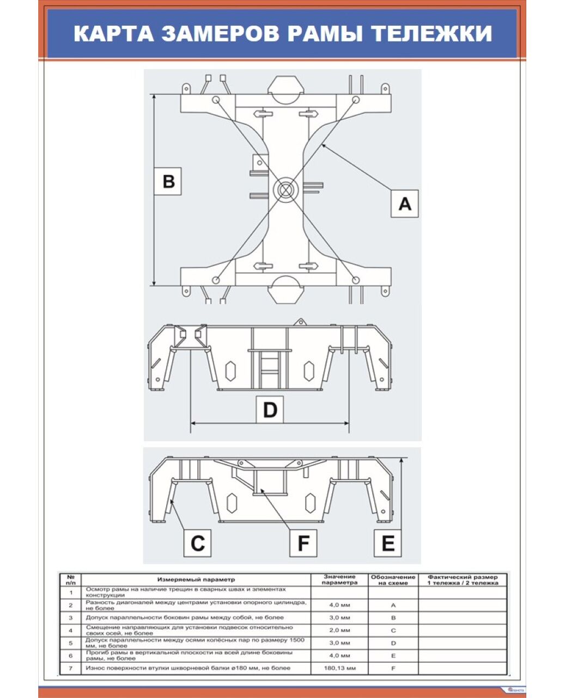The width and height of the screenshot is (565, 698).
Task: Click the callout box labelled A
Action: [x=404, y=203]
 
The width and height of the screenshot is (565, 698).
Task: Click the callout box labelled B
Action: [x=168, y=180]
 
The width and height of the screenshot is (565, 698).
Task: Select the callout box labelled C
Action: [x=197, y=543]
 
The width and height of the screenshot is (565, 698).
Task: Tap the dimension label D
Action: [x=270, y=409]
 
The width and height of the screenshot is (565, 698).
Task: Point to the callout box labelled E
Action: [x=388, y=543]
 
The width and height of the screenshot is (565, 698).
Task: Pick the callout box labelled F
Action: [x=303, y=543]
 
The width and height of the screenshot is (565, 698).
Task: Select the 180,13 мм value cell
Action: [x=339, y=668]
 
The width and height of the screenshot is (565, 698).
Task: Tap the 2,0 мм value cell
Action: [x=339, y=630]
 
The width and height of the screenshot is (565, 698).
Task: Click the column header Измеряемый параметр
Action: [x=196, y=579]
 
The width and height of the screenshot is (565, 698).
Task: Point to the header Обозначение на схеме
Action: [x=393, y=579]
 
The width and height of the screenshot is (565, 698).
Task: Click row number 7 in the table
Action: [x=70, y=668]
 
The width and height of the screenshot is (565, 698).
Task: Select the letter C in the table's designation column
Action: [x=393, y=630]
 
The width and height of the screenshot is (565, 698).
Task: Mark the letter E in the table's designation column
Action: [x=393, y=655]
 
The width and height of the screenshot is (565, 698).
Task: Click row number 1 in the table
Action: [x=70, y=592]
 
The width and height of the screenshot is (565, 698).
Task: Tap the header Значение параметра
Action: [x=339, y=579]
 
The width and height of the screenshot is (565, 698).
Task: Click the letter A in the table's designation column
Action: [x=393, y=605]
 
